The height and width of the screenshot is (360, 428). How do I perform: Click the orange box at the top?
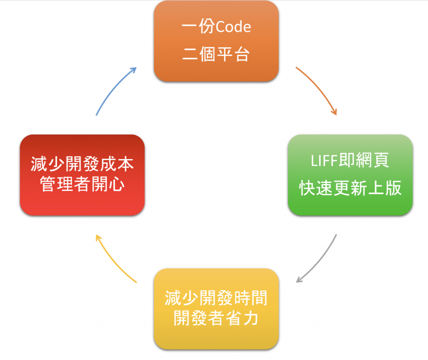(216, 41)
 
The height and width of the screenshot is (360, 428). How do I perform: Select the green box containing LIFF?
(350, 175)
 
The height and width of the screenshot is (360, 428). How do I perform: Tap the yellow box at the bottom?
(216, 309)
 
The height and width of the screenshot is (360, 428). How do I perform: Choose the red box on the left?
(82, 175)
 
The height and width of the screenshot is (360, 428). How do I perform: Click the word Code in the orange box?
(233, 27)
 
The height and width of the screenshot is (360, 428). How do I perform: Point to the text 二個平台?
(216, 54)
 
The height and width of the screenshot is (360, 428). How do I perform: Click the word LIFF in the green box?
(324, 160)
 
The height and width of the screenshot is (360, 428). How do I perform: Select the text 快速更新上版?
(350, 188)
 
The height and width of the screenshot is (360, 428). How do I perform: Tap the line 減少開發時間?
(216, 298)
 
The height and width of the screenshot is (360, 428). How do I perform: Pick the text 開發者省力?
(216, 318)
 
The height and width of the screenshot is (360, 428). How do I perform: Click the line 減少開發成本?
(82, 164)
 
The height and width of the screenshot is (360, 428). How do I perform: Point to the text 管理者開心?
(82, 184)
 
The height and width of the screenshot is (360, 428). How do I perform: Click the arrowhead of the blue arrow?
(134, 69)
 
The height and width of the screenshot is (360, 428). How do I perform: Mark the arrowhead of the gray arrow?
(299, 280)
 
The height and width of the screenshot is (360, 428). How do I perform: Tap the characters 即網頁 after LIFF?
(364, 160)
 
